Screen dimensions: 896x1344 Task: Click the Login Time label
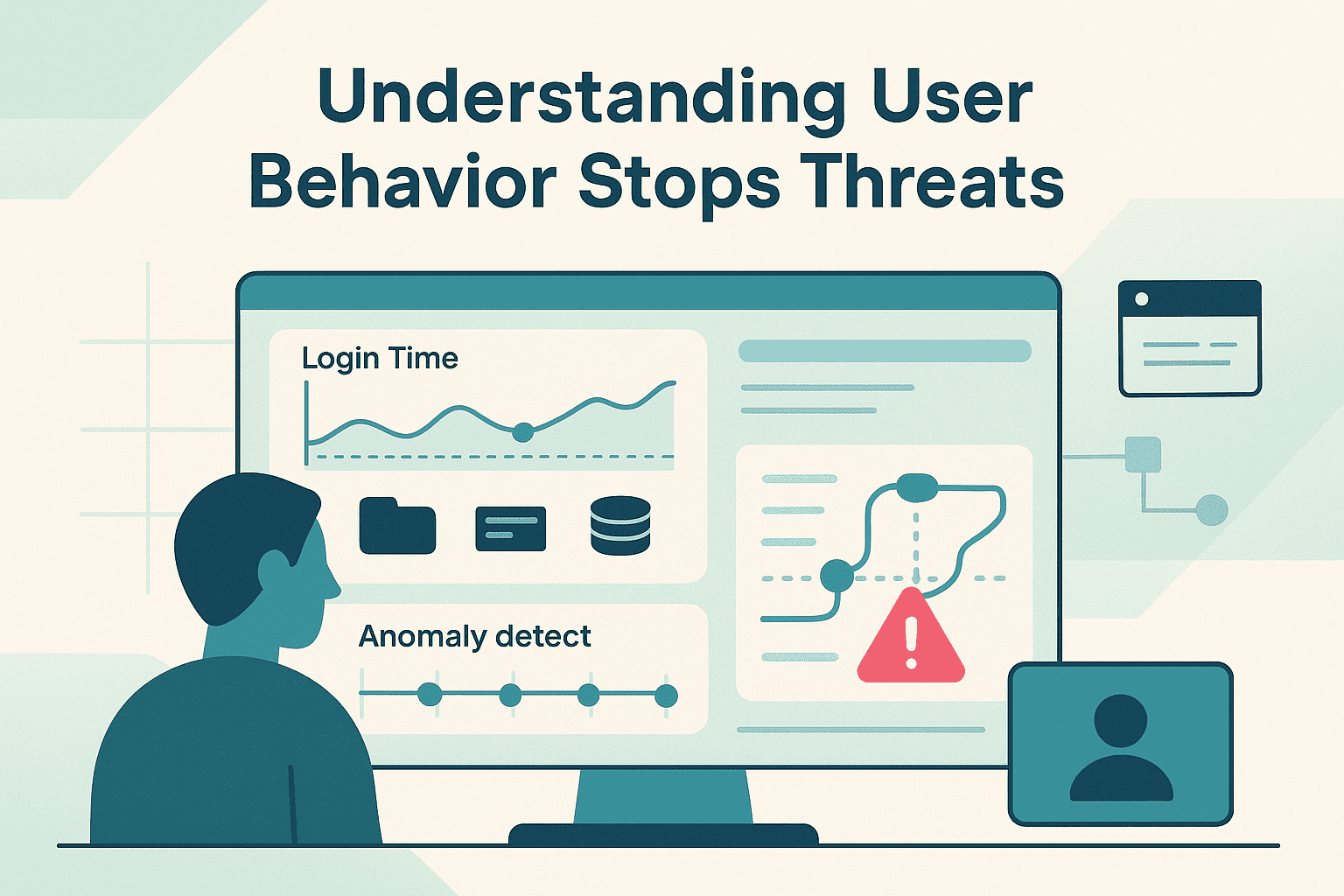point(380,359)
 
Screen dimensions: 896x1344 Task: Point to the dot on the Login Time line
point(522,431)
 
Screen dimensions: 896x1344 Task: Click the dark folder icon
point(397,526)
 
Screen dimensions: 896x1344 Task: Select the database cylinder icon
point(620,525)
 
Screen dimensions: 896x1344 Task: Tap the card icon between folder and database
point(510,528)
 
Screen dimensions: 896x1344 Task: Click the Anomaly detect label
point(474,636)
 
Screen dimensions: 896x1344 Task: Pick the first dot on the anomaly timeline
point(429,695)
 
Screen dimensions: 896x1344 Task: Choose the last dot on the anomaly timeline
point(666,696)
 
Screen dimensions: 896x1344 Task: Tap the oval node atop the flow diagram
point(916,486)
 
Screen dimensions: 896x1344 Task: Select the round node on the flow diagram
point(837,577)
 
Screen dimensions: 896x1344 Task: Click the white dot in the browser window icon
point(1141,299)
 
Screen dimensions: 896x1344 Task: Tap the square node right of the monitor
point(1143,454)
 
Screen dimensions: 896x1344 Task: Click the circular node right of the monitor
point(1212,509)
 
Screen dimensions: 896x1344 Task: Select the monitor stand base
point(662,834)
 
